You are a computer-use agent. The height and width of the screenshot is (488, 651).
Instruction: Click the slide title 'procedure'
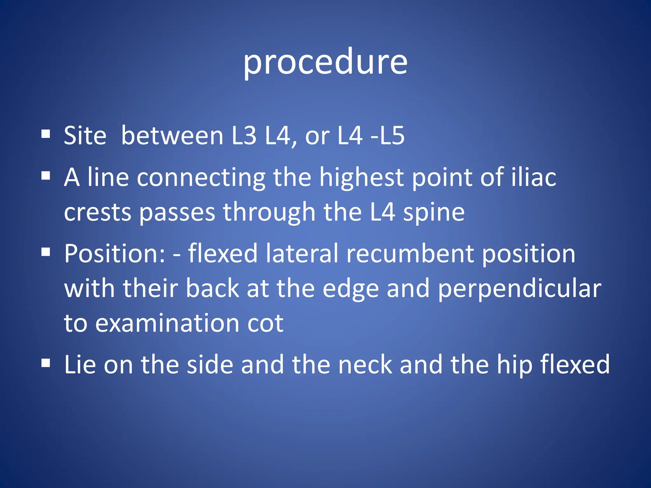click(x=325, y=62)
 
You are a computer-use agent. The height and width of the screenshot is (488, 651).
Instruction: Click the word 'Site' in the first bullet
click(x=85, y=136)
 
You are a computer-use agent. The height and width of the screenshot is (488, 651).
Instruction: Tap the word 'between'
click(x=172, y=136)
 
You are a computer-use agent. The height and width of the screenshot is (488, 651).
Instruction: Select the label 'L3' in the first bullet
click(x=244, y=136)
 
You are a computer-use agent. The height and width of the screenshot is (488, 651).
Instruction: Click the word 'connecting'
click(x=201, y=177)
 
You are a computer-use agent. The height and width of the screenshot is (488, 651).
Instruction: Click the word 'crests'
click(x=98, y=212)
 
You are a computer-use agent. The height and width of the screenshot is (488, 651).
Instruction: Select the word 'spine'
click(x=434, y=213)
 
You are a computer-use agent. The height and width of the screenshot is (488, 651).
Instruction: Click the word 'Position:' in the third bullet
click(x=114, y=254)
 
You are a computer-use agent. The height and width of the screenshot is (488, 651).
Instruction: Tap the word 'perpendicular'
click(x=520, y=288)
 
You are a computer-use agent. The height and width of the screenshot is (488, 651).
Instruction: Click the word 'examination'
click(x=167, y=323)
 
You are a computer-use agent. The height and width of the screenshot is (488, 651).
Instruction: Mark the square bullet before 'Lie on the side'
click(x=46, y=363)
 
